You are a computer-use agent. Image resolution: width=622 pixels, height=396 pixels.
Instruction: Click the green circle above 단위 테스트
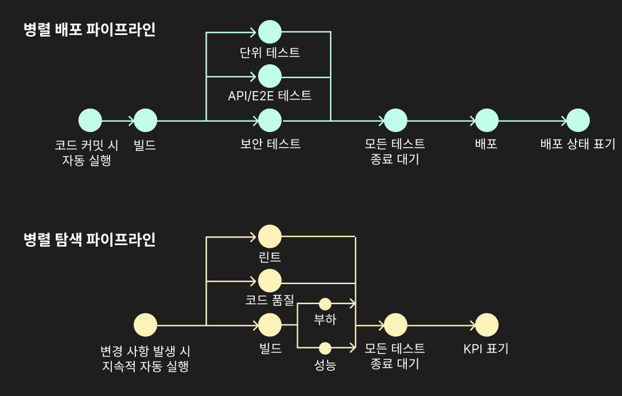click(270, 32)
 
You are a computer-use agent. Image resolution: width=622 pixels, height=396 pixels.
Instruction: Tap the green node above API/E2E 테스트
click(270, 76)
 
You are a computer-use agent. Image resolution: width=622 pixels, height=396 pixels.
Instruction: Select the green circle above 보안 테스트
click(270, 121)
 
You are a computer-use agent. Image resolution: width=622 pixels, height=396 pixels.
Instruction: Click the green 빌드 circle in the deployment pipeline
click(145, 121)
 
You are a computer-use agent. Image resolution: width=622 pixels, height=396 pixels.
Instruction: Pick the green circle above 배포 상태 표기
click(578, 121)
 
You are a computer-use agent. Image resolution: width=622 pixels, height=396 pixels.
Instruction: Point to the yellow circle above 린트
click(270, 236)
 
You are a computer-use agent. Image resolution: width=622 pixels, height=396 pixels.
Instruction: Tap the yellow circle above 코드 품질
click(270, 281)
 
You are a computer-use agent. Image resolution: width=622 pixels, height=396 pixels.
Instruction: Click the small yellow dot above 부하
click(325, 304)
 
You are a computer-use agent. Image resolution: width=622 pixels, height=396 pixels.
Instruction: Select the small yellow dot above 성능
click(325, 348)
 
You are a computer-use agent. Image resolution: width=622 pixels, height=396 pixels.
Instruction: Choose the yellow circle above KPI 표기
click(487, 325)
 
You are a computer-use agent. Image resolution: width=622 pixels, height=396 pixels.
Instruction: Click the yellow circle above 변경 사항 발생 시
click(145, 325)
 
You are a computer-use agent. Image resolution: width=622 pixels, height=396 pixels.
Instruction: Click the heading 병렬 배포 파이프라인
click(90, 30)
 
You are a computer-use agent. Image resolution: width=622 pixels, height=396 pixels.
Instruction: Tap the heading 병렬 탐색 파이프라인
click(90, 239)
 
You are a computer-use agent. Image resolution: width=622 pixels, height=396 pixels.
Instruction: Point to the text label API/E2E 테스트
click(270, 96)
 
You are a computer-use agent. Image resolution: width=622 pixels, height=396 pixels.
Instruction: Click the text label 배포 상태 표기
click(578, 143)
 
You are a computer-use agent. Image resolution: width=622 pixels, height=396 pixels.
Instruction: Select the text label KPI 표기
click(486, 348)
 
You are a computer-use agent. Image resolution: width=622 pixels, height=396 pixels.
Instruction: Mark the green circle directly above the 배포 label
click(487, 121)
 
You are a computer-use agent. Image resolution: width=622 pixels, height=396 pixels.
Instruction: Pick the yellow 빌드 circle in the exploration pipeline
click(270, 325)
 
